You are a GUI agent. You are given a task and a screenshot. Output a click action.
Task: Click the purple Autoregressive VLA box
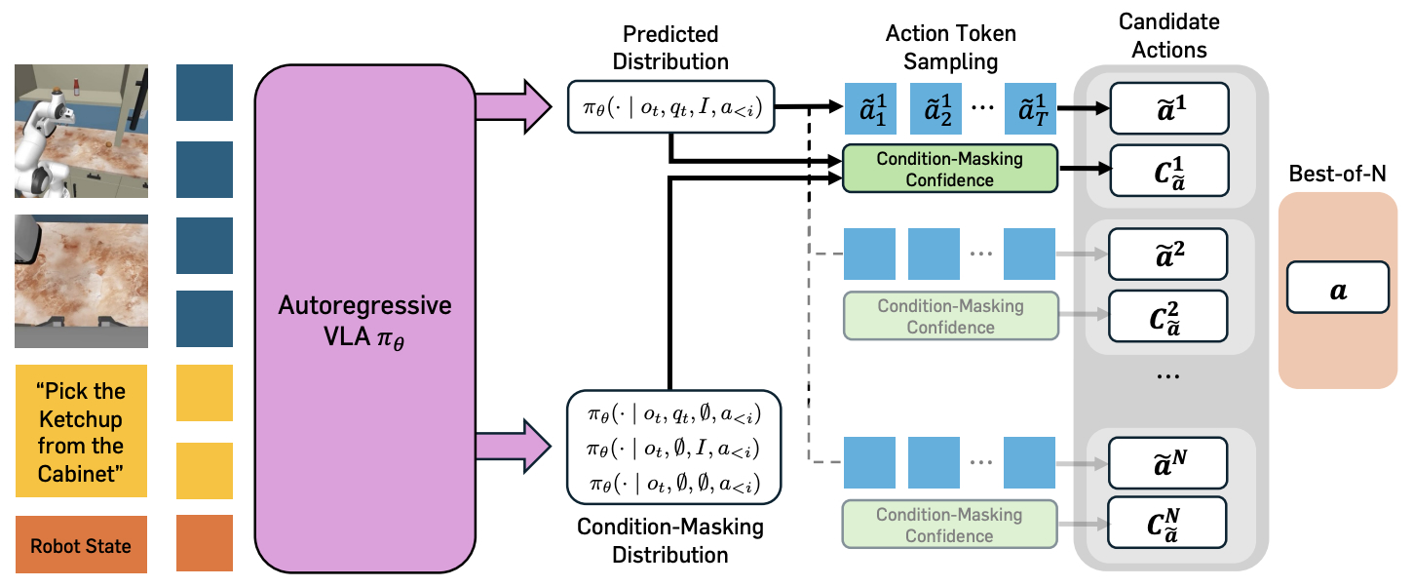tap(365, 318)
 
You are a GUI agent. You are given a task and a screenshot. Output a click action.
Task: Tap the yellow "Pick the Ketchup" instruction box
tap(81, 431)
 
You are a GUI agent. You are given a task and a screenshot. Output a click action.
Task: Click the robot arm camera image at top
tap(81, 131)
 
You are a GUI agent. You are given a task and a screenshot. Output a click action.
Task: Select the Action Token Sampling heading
tap(949, 48)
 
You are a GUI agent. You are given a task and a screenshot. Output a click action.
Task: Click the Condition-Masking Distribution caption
tap(669, 541)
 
